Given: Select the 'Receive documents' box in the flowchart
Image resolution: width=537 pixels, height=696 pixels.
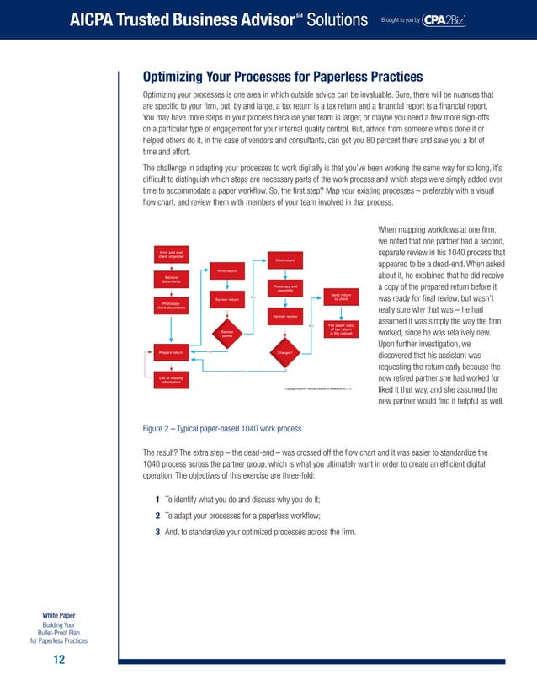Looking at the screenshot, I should pyautogui.click(x=171, y=279).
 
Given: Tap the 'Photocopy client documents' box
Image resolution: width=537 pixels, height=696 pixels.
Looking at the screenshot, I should pyautogui.click(x=171, y=305).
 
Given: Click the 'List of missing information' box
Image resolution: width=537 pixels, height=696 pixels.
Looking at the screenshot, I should pyautogui.click(x=171, y=380).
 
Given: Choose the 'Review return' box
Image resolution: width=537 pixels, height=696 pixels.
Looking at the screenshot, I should pyautogui.click(x=226, y=299).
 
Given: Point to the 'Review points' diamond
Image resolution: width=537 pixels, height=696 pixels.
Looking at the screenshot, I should pyautogui.click(x=227, y=334).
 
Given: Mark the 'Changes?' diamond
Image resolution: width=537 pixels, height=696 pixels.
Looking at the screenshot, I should pyautogui.click(x=284, y=352).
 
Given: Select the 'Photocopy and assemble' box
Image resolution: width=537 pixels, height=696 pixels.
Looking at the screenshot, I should pyautogui.click(x=284, y=288).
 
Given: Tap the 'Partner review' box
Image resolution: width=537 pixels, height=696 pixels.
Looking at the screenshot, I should pyautogui.click(x=284, y=316).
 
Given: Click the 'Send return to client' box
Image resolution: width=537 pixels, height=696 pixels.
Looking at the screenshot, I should pyautogui.click(x=341, y=296).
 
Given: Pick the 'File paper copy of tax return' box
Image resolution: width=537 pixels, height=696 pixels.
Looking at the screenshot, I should pyautogui.click(x=341, y=328).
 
